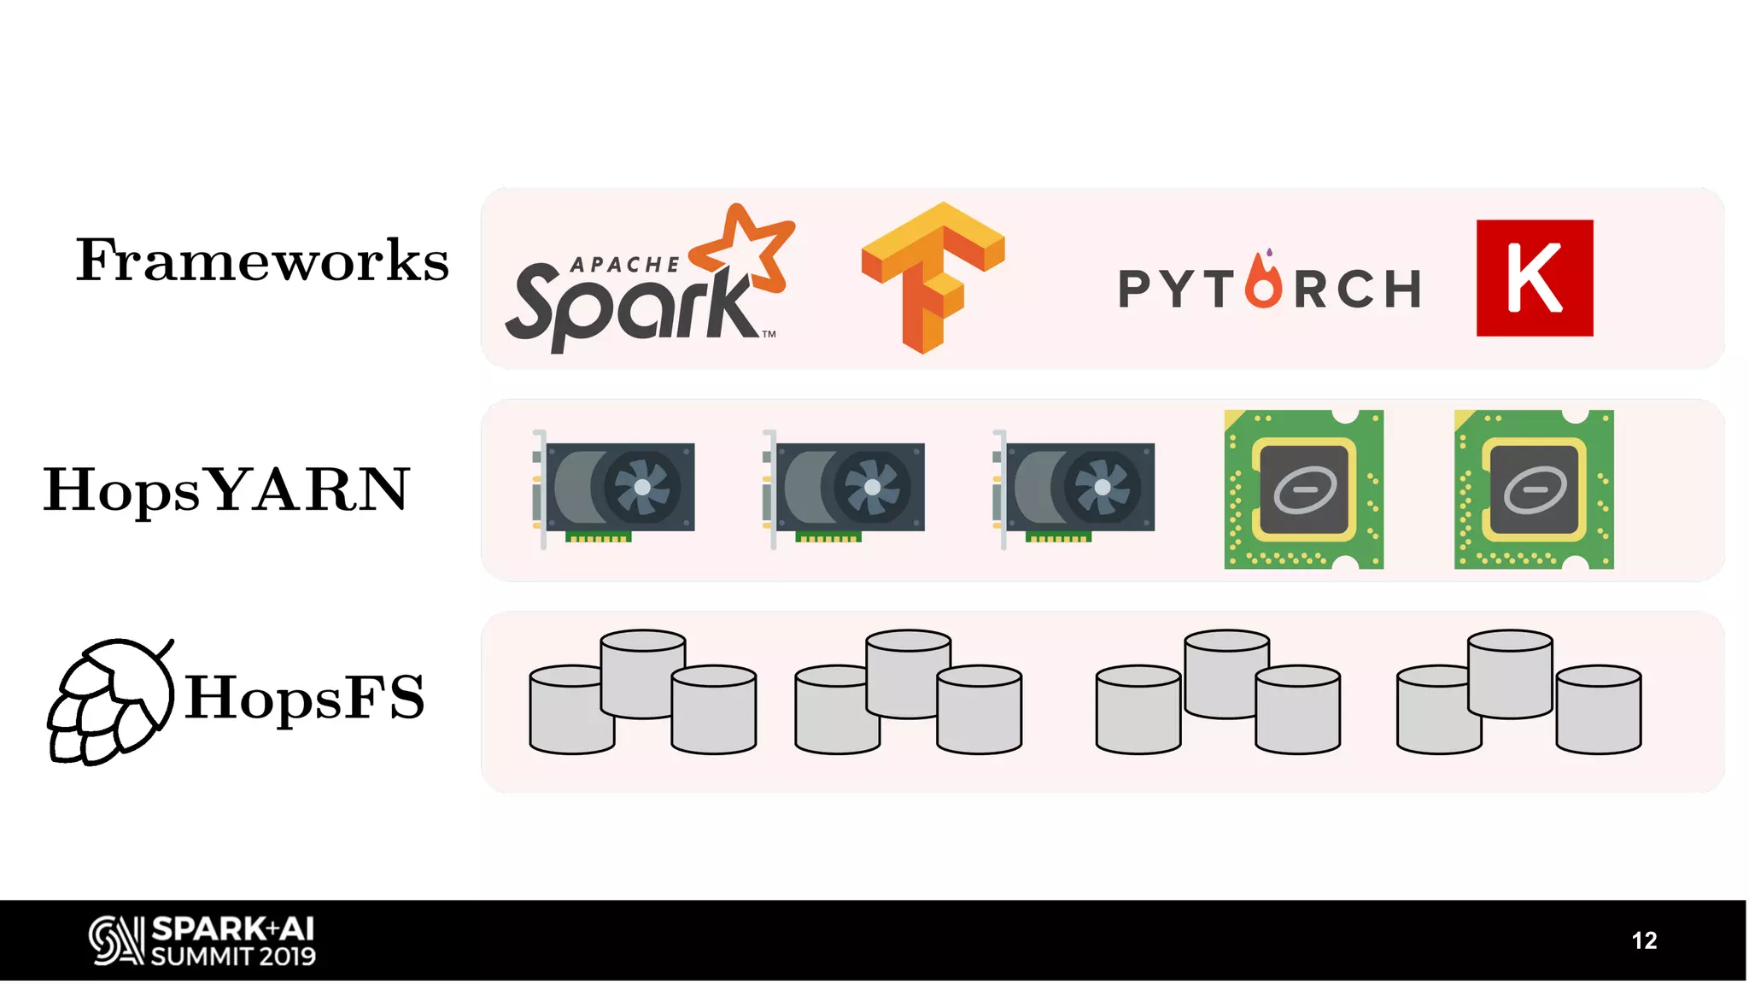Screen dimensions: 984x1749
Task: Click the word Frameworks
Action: [262, 261]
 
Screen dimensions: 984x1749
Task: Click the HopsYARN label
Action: [227, 490]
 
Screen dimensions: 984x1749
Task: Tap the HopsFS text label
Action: [305, 698]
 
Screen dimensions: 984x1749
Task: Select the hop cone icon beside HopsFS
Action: [108, 702]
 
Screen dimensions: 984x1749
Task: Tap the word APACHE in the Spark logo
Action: [624, 265]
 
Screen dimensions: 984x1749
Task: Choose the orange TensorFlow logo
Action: [933, 275]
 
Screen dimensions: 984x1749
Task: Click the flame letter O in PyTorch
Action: [1263, 282]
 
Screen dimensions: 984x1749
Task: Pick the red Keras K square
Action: [1534, 278]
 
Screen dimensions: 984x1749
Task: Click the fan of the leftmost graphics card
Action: [642, 487]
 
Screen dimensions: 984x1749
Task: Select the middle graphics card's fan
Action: [872, 487]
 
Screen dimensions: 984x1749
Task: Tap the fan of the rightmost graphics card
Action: [1102, 487]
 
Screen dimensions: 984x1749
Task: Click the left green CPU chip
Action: [1303, 489]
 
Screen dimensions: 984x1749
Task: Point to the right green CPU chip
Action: [1534, 489]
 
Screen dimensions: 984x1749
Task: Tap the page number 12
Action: [1644, 940]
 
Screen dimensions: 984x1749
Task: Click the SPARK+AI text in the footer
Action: [233, 928]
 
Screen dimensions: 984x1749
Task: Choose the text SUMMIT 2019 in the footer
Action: [233, 956]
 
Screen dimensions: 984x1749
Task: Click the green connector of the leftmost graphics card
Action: [598, 537]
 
